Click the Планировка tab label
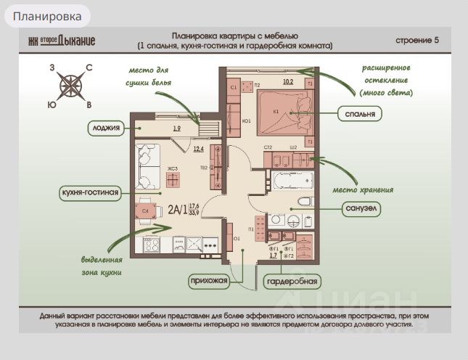coord(47,15)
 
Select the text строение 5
coord(417,40)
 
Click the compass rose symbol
coord(70,85)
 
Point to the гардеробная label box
coord(292,281)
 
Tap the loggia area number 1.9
coord(176,128)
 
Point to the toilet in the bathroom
coord(304,200)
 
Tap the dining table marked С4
coord(144,210)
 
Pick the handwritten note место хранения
coord(362,190)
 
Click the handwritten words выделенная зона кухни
coord(101,266)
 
